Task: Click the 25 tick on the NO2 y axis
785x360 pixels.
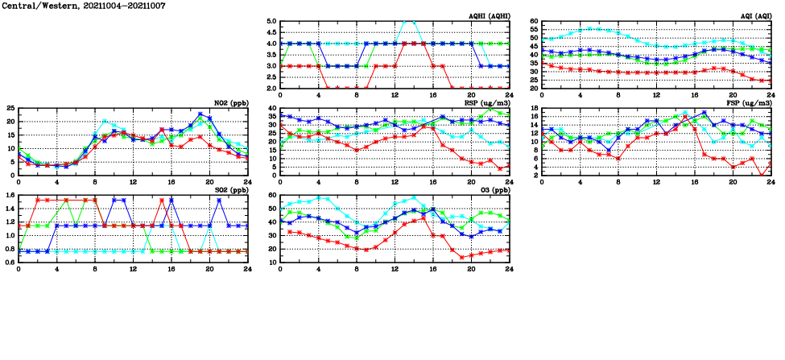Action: (10, 108)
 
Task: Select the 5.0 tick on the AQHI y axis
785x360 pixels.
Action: (271, 22)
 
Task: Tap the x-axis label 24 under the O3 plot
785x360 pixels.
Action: (510, 269)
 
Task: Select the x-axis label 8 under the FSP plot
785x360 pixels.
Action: (618, 182)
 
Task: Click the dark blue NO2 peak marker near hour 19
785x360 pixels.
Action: (200, 114)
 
